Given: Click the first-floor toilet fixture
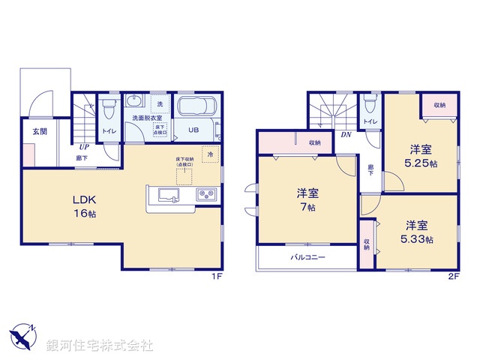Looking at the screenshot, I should pos(109,109).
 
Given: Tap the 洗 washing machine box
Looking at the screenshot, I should pos(159,104).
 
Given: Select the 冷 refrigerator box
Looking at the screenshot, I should pos(211,155).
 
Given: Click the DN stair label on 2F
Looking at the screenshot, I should pos(346,135).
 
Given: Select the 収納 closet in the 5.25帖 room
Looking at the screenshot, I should pos(439,106).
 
